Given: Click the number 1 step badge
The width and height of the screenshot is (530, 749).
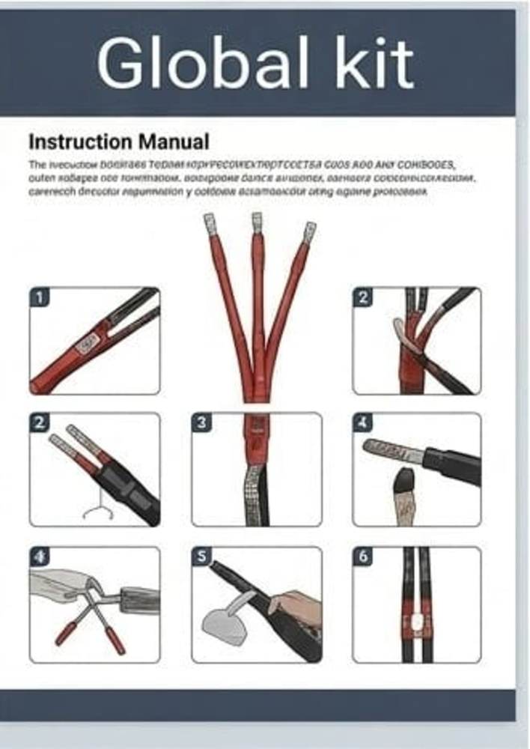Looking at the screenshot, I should tap(40, 297).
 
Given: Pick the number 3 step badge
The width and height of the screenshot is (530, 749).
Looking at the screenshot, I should tap(201, 422).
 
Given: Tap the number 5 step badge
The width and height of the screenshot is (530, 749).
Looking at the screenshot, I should tap(201, 557).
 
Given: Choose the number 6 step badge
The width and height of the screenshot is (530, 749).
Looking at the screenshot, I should tap(363, 557).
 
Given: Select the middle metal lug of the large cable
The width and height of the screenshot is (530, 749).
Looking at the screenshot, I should tap(257, 222).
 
